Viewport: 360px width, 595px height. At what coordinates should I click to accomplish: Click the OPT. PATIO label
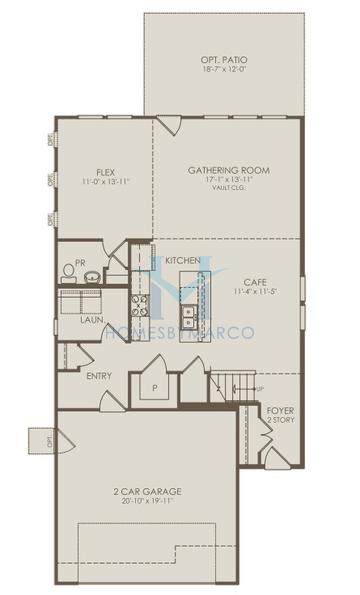point(224,60)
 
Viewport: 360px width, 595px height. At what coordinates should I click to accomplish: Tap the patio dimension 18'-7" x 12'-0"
point(224,71)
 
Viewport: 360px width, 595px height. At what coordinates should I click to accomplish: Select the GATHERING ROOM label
point(228,171)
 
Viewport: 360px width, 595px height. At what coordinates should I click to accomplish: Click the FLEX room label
point(104,171)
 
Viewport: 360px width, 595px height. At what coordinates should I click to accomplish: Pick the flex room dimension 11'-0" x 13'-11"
point(104,182)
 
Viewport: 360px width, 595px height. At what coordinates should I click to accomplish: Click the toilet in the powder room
point(67,270)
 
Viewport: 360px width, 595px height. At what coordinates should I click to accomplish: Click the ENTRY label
point(99,376)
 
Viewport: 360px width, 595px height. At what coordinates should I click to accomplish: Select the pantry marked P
point(156,384)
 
